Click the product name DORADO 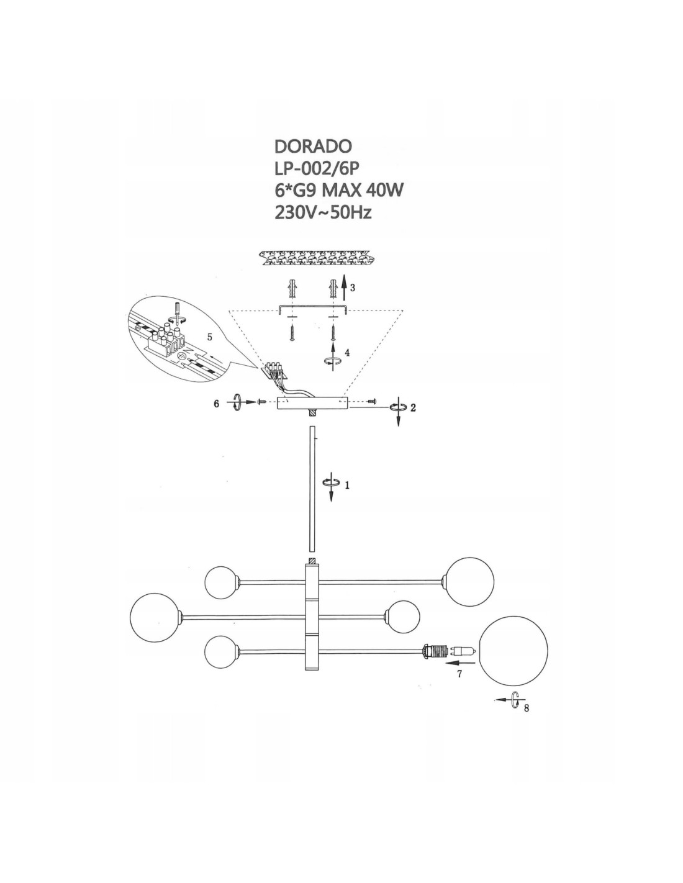coord(313,146)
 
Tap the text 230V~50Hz coord(323,213)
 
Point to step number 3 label coord(353,288)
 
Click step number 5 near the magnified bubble coord(210,337)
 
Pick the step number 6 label coord(216,404)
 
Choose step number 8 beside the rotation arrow coord(527,708)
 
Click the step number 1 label coord(347,485)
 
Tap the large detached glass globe coord(513,650)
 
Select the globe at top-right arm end coord(470,582)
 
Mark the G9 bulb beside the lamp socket coord(462,651)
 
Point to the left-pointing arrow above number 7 coord(460,663)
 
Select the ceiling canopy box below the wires coord(313,404)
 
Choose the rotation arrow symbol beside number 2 coord(398,407)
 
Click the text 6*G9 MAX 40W coord(339,191)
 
